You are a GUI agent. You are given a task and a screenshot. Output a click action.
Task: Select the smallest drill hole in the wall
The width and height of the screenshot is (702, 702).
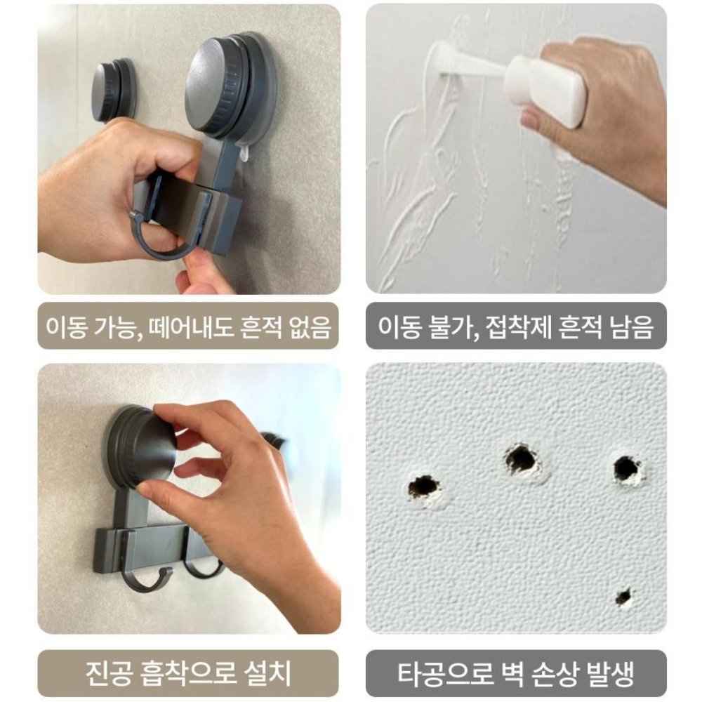623,597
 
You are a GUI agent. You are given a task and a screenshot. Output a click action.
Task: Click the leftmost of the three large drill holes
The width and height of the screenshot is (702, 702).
425,486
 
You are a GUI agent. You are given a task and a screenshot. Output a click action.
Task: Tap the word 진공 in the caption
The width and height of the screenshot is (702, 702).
103,673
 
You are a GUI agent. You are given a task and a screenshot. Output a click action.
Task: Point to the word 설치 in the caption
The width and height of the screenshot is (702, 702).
264,673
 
